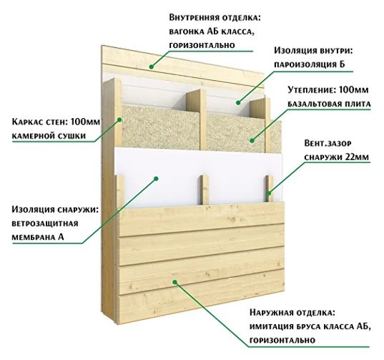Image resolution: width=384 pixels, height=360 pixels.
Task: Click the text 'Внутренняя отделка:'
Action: (x=215, y=18)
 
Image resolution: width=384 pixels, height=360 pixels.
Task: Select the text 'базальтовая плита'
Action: (x=329, y=104)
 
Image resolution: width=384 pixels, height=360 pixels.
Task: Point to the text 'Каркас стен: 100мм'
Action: (x=56, y=122)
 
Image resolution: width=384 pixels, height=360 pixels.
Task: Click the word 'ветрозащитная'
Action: (x=45, y=224)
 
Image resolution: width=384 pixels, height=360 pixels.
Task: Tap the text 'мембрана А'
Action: (x=38, y=237)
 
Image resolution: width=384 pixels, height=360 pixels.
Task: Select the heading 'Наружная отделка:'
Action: (x=292, y=313)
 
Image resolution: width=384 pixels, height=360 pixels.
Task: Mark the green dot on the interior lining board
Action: (x=152, y=67)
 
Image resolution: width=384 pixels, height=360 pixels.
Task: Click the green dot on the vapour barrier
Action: (x=239, y=103)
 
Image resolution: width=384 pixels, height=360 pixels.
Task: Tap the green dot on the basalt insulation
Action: (x=252, y=141)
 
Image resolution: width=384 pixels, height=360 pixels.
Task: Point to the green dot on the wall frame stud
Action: (x=119, y=120)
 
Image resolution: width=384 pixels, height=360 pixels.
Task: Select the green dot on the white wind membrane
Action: (x=156, y=178)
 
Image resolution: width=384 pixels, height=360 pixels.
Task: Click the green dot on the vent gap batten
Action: (x=269, y=193)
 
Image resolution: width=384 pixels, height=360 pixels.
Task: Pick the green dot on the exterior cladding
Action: (x=175, y=282)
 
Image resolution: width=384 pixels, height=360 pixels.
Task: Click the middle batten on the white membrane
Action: (x=205, y=190)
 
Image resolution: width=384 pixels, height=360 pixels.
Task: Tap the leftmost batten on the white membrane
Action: (x=119, y=191)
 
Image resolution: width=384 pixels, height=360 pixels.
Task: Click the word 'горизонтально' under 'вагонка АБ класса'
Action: (x=202, y=45)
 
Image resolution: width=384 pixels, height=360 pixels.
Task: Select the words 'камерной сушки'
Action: (x=49, y=136)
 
